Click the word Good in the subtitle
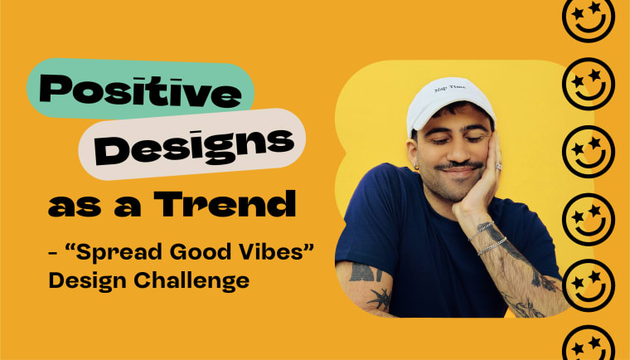tap(189, 249)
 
